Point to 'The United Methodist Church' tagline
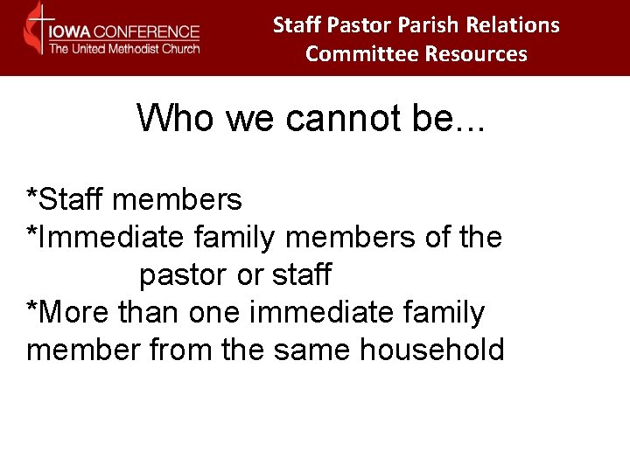(123, 49)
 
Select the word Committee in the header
(361, 54)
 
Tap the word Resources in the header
(476, 54)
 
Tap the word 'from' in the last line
(181, 350)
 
